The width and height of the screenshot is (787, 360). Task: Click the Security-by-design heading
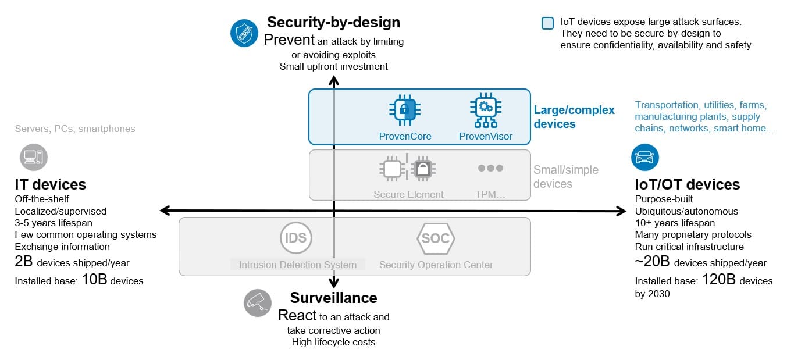click(x=333, y=22)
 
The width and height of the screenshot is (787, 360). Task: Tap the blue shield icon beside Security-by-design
click(x=244, y=33)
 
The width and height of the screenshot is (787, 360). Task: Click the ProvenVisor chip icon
click(x=485, y=110)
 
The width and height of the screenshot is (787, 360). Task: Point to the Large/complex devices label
click(x=574, y=117)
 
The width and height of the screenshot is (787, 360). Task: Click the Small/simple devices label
click(x=565, y=177)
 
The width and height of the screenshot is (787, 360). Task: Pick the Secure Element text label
click(x=408, y=195)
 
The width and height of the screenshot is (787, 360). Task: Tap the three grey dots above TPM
click(x=490, y=168)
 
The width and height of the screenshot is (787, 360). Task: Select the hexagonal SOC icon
click(x=436, y=238)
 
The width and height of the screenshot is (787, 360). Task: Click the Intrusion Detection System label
click(x=297, y=265)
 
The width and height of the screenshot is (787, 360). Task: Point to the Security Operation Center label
click(x=436, y=265)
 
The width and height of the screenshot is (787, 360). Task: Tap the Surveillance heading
click(x=333, y=298)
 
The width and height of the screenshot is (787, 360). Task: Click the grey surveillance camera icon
click(x=257, y=302)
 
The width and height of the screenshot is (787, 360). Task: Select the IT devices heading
click(x=50, y=184)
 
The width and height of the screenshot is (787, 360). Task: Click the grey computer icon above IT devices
click(x=34, y=157)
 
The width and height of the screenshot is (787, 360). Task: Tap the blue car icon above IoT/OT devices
click(x=645, y=157)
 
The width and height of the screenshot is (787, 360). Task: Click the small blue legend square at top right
click(x=547, y=23)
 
